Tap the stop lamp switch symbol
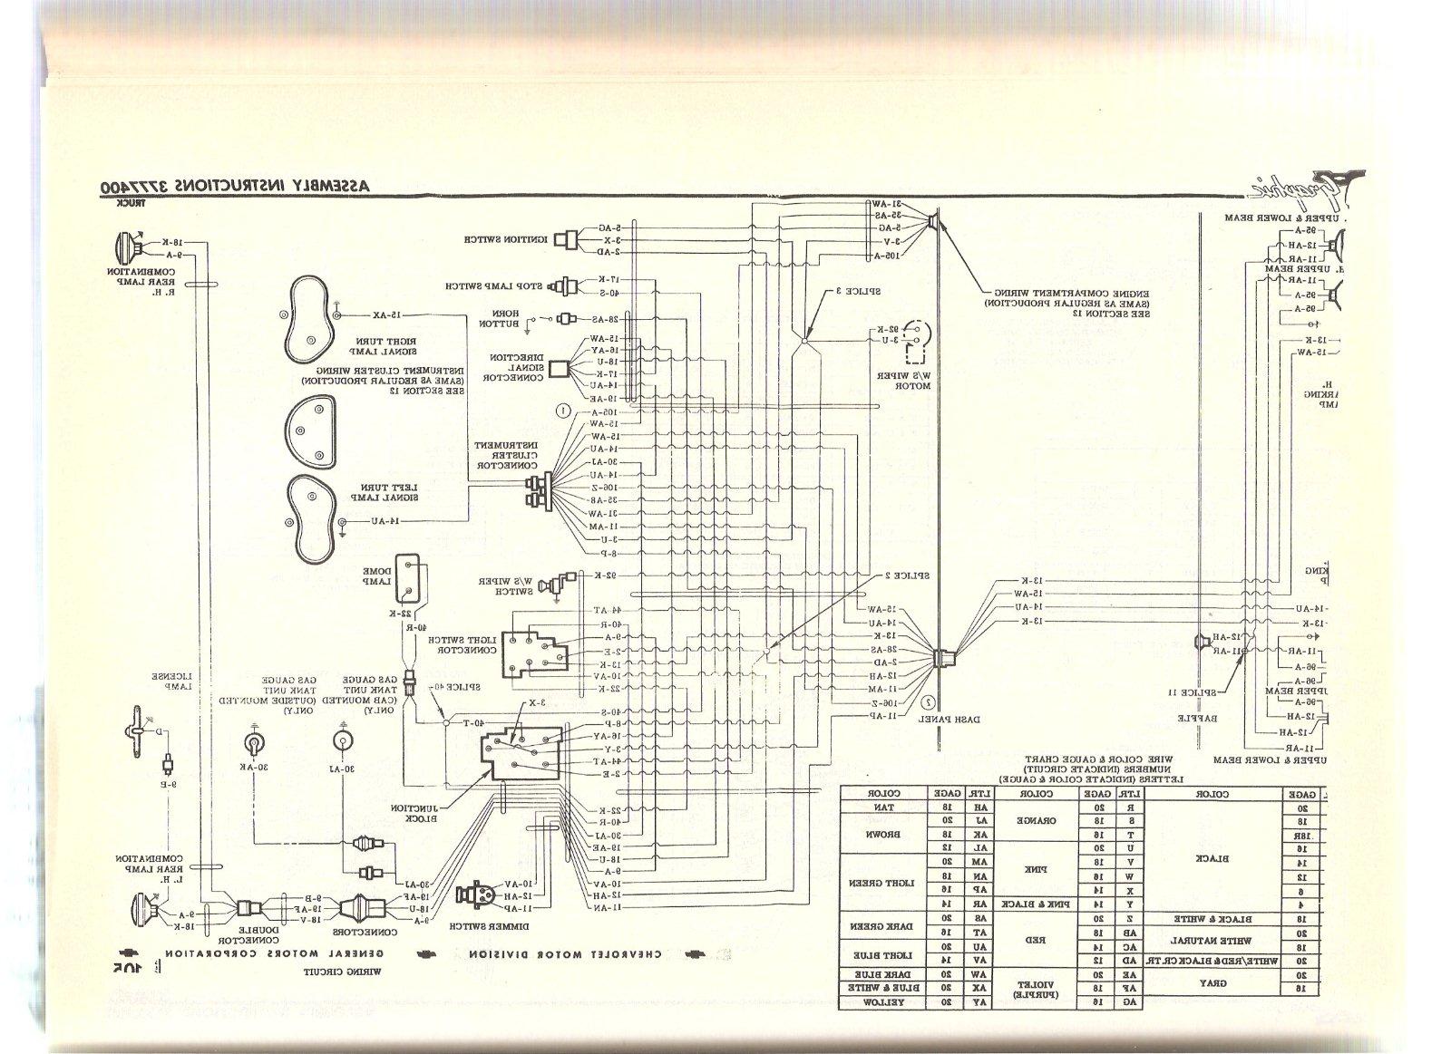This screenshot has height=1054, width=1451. point(570,286)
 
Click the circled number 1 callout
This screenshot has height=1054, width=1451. point(564,411)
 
